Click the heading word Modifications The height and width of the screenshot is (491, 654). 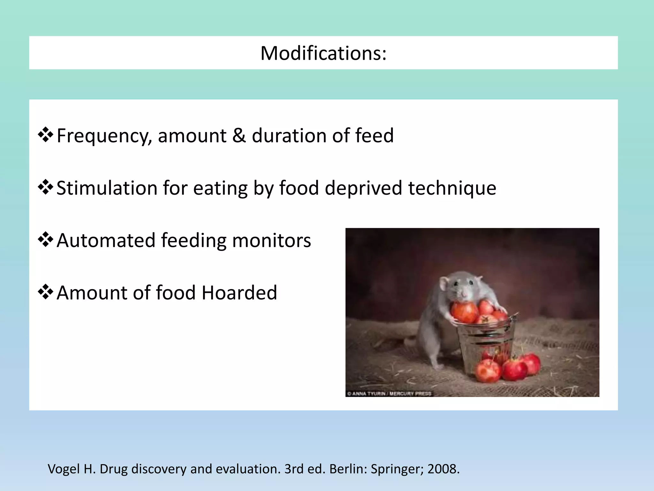coord(323,53)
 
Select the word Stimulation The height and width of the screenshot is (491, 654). coord(107,188)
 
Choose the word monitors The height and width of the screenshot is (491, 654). coord(271,240)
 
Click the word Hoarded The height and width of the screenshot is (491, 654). coord(240,293)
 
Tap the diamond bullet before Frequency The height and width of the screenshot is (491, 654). coord(45,135)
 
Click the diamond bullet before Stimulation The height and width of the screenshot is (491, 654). coord(45,187)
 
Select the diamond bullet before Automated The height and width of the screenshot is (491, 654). coord(45,240)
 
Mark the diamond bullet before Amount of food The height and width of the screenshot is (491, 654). coord(45,292)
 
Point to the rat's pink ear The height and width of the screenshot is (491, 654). coord(445,283)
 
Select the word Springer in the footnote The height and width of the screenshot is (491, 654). coord(396,469)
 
